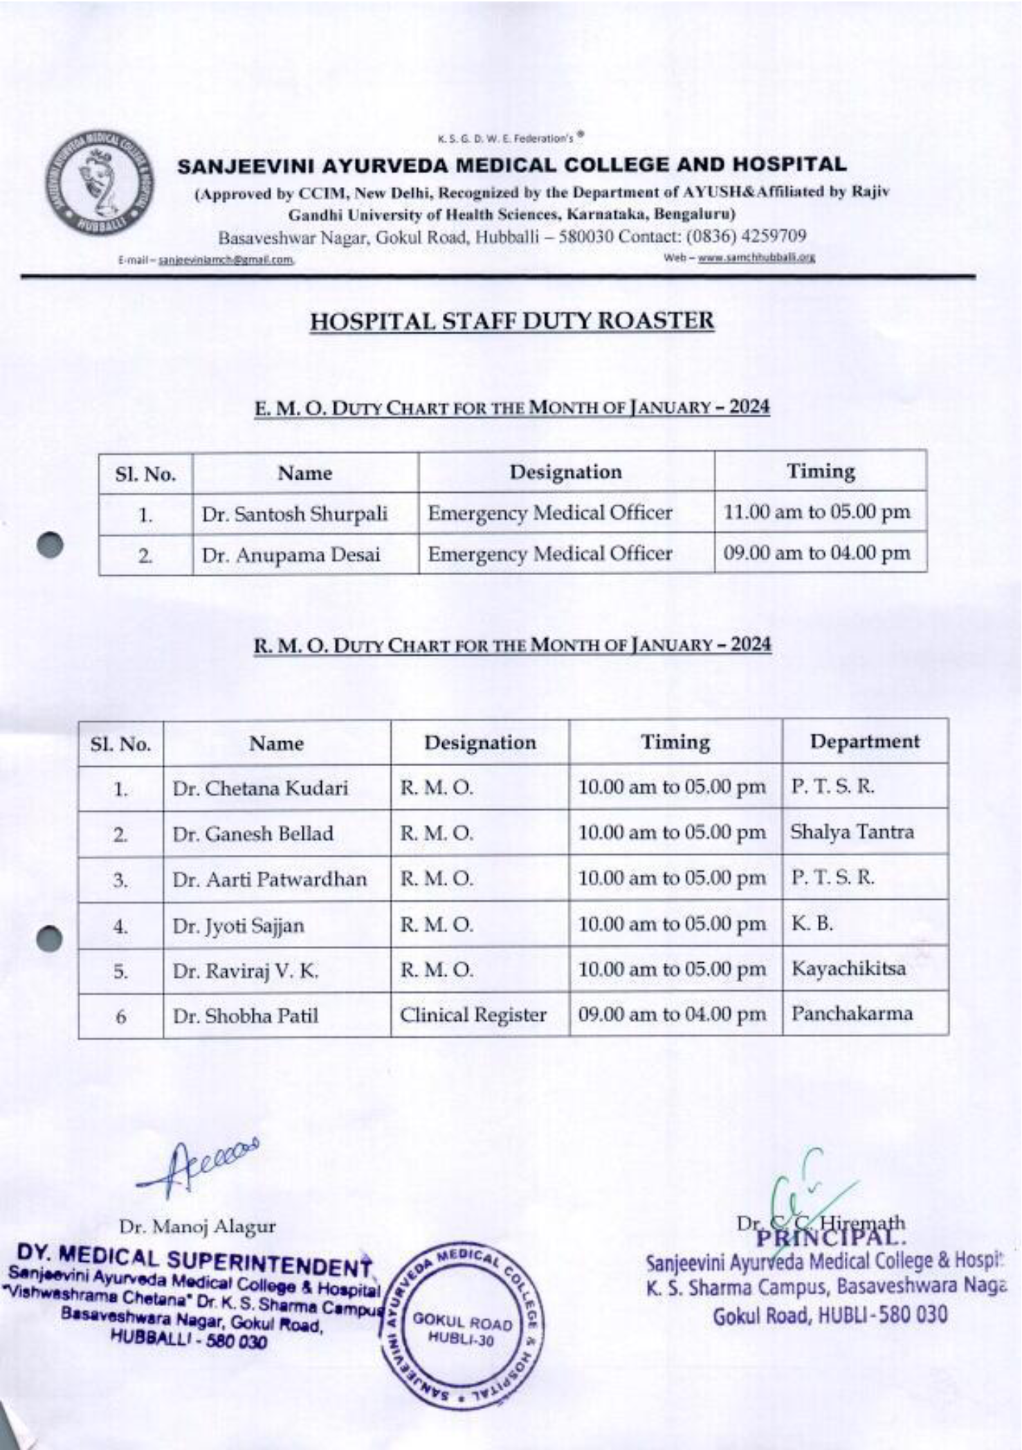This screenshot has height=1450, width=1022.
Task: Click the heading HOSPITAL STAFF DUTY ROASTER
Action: point(511,322)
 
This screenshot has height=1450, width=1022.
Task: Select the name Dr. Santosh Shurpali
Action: point(294,514)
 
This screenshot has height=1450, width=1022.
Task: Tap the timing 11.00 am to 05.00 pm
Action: point(816,512)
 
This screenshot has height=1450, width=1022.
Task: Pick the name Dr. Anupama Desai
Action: point(291,555)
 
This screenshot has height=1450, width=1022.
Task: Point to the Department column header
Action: point(864,741)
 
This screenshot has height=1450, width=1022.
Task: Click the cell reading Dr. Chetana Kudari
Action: point(260,788)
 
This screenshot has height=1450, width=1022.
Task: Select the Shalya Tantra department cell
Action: point(852,832)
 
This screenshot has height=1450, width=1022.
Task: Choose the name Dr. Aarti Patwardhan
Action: point(270,879)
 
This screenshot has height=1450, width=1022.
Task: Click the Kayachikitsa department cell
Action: point(848,968)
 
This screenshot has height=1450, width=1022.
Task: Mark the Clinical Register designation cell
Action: point(473,1015)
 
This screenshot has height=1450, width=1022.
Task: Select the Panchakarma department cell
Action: point(852,1014)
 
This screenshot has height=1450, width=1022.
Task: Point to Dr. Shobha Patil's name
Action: point(246,1016)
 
